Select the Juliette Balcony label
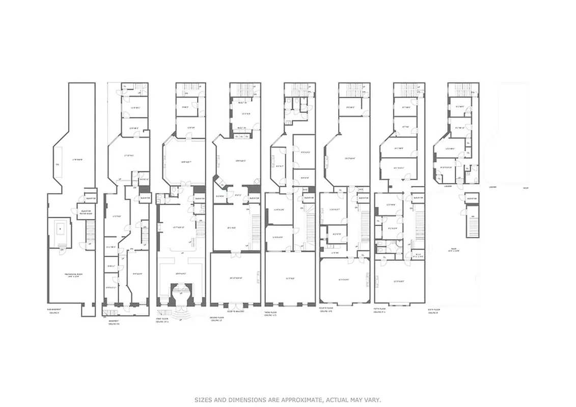point(235,311)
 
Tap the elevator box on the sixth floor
point(472,198)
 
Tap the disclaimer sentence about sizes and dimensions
point(288,400)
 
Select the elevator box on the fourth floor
point(363,198)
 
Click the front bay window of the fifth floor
point(399,304)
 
